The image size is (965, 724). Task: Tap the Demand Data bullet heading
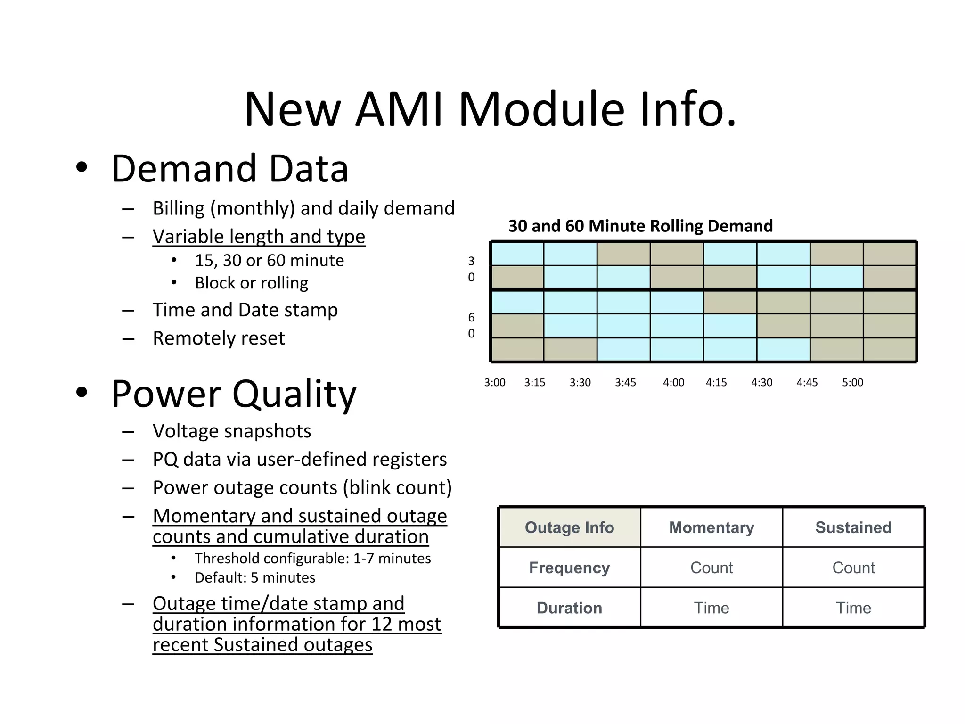click(x=229, y=169)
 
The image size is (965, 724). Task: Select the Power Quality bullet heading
click(x=234, y=394)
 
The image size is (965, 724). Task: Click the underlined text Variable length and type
click(x=259, y=237)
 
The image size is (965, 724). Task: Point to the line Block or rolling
click(x=252, y=283)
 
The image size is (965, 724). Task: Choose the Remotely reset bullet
click(x=219, y=338)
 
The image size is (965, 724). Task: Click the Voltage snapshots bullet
click(x=232, y=431)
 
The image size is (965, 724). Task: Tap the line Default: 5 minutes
click(x=255, y=578)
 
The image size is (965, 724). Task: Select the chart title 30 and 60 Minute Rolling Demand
click(x=640, y=226)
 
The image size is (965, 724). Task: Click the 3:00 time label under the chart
click(x=495, y=383)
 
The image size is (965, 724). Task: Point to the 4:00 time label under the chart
click(x=673, y=383)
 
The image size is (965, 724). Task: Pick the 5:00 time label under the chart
click(x=852, y=383)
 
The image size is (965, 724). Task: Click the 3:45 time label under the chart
click(x=625, y=383)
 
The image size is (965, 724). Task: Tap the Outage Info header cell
click(x=569, y=527)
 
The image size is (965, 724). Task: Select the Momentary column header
click(x=711, y=527)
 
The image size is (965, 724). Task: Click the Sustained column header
click(x=853, y=527)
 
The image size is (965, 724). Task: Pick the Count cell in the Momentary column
click(x=711, y=568)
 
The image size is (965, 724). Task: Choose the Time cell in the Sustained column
click(x=853, y=608)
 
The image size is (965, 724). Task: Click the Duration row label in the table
click(x=569, y=608)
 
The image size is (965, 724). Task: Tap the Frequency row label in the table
click(x=569, y=568)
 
